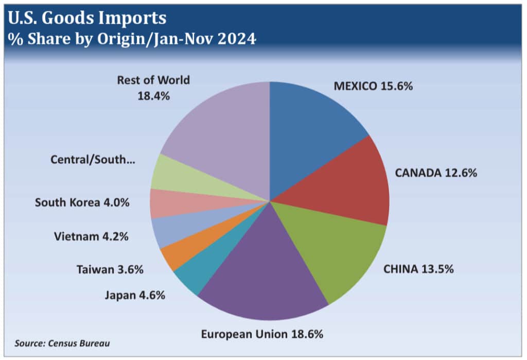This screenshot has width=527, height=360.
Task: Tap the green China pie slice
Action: (335, 247)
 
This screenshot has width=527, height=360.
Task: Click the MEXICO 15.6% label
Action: (373, 87)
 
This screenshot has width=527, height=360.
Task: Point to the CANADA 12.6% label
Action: (435, 173)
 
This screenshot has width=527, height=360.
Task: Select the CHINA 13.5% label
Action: (418, 269)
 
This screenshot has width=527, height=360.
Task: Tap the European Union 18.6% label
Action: (262, 334)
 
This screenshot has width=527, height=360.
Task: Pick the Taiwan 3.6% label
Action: (110, 269)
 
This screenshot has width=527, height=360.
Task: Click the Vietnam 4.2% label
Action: (91, 237)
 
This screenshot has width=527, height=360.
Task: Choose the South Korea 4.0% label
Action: (82, 202)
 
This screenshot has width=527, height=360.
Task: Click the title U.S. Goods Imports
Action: (87, 19)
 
